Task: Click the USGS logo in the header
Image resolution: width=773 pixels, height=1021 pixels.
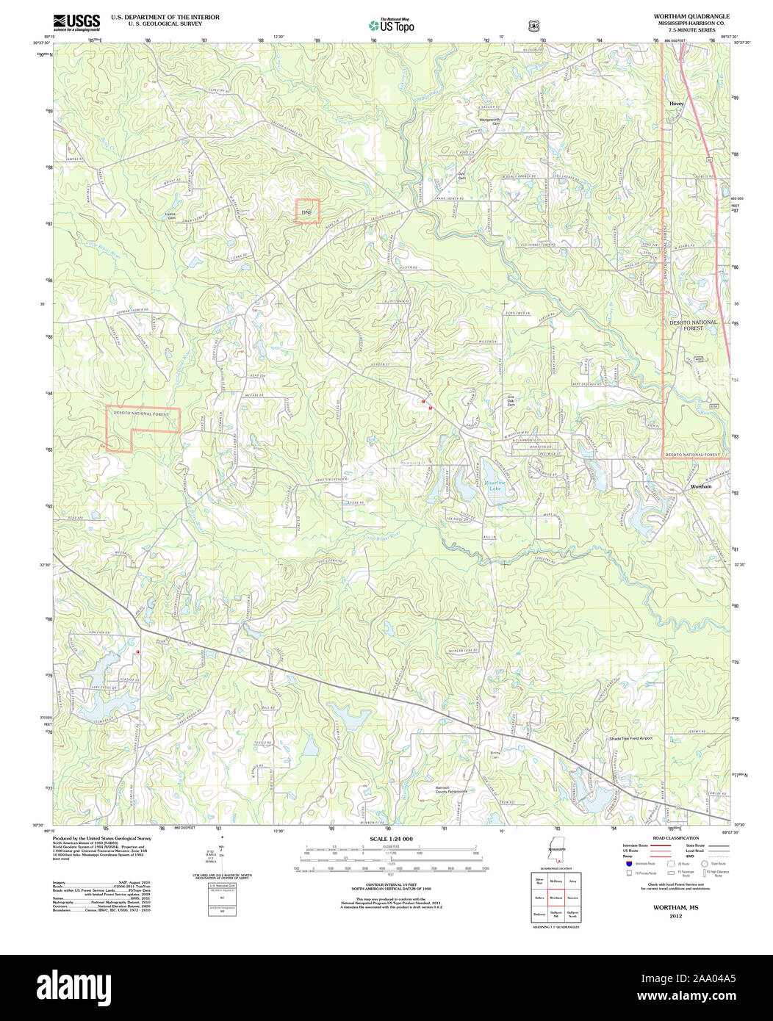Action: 76,23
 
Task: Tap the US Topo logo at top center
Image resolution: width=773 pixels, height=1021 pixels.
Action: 392,25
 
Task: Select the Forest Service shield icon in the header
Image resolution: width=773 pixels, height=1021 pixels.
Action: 533,26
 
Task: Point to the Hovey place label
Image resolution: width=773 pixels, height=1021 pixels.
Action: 676,104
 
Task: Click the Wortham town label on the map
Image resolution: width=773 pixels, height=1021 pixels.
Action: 700,486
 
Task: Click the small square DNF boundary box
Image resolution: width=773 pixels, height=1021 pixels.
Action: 308,211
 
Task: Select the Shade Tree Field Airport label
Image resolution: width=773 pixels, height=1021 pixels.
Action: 630,738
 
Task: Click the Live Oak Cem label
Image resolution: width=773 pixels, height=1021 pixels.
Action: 511,401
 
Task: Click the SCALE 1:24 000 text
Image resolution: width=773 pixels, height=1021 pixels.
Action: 391,839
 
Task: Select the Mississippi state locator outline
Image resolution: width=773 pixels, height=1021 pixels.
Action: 556,851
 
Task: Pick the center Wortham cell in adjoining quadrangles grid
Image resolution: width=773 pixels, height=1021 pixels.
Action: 556,898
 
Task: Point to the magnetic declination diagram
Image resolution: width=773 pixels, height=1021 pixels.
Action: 221,854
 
